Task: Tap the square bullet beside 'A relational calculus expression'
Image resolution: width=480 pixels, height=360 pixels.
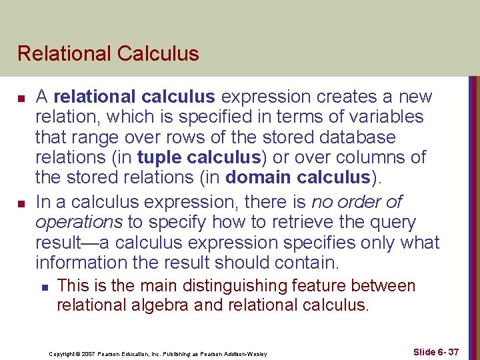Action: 22,98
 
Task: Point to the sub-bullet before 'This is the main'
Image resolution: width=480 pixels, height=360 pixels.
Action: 43,287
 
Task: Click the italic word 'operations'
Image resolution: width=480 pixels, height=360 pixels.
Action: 79,222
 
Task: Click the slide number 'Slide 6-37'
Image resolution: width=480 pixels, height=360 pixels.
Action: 436,352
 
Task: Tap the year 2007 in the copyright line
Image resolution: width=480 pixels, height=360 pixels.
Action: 87,353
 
